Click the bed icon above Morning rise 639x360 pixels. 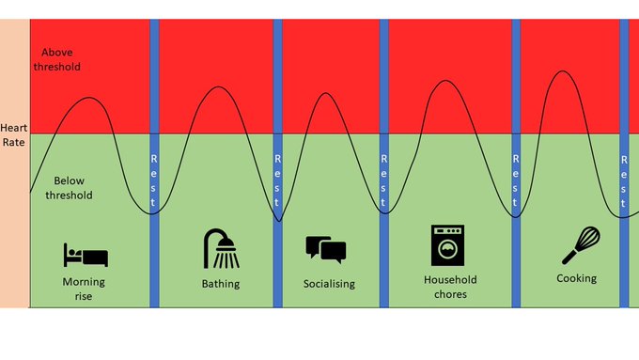click(86, 255)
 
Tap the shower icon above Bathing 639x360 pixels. click(220, 248)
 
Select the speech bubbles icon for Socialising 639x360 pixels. click(326, 249)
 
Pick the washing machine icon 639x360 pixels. click(448, 245)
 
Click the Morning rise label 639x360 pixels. click(84, 289)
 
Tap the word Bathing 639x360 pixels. click(221, 284)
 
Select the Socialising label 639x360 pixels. click(329, 284)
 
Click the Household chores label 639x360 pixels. click(450, 287)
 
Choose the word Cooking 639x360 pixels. click(576, 278)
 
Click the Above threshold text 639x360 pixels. click(56, 60)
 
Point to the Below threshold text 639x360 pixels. click(72, 188)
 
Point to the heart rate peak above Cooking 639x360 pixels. click(562, 71)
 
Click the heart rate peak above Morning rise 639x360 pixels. click(88, 98)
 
